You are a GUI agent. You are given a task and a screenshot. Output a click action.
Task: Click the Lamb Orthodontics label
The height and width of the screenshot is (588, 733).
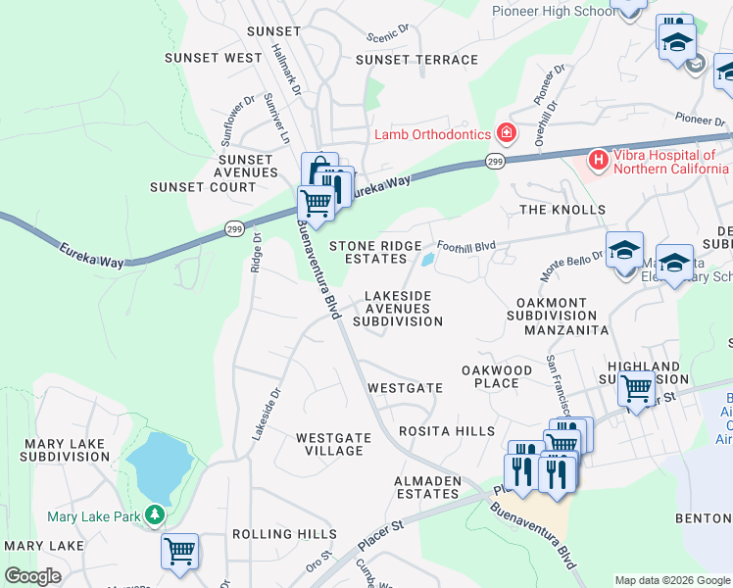432,133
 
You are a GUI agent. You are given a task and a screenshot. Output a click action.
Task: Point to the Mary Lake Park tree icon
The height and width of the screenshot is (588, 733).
153,514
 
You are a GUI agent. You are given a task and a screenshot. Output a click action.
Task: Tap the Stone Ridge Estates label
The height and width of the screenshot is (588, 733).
375,252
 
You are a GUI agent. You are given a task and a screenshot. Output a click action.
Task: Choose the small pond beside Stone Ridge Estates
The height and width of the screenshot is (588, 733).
428,260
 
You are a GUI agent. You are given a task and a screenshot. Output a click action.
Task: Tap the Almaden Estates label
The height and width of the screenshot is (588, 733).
428,487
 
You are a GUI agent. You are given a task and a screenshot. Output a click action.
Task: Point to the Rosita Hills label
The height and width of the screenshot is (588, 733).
447,431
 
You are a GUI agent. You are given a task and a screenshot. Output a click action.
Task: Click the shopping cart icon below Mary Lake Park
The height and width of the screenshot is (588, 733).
180,551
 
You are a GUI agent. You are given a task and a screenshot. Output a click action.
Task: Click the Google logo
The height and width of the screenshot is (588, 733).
32,576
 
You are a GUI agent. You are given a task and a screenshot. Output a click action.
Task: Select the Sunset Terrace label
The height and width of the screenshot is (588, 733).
416,60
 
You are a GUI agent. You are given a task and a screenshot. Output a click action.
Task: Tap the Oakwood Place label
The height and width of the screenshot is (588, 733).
497,376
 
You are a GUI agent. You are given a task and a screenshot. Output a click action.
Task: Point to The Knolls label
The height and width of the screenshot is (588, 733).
562,210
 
